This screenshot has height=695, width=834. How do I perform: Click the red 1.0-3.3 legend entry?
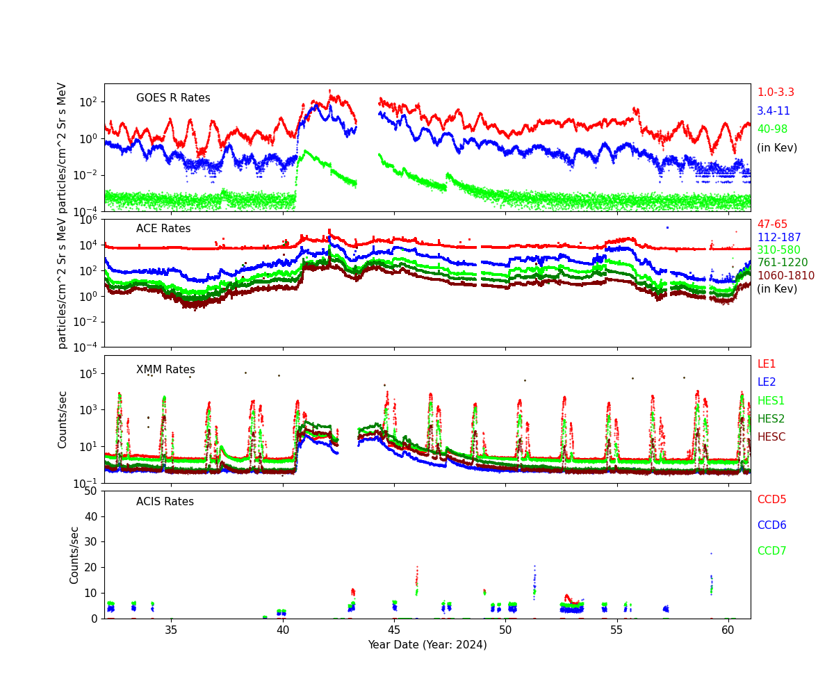[x=775, y=92]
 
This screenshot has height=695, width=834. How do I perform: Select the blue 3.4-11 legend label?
[x=773, y=111]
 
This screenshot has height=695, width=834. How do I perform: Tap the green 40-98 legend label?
[x=772, y=129]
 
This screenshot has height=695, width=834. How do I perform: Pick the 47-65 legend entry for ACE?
[x=771, y=224]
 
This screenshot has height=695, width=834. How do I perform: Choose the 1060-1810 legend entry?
[x=785, y=276]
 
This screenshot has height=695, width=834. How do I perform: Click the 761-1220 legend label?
[x=782, y=263]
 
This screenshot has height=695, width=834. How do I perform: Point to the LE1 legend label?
[x=766, y=364]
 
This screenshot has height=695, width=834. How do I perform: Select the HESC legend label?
[x=771, y=437]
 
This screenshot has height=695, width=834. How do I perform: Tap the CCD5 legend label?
[x=771, y=500]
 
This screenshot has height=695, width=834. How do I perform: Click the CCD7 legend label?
[x=771, y=551]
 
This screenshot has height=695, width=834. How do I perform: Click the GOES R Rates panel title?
[x=173, y=98]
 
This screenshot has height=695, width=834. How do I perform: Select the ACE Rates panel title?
[x=163, y=229]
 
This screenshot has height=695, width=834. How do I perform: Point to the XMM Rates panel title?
[x=165, y=370]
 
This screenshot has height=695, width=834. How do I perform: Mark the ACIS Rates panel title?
[x=165, y=502]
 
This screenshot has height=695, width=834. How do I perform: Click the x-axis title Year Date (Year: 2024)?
[x=427, y=645]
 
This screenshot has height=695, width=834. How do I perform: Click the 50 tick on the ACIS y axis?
[x=91, y=491]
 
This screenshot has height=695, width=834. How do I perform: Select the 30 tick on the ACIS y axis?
[x=91, y=542]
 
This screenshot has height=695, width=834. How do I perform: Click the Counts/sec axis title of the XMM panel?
[x=63, y=419]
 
